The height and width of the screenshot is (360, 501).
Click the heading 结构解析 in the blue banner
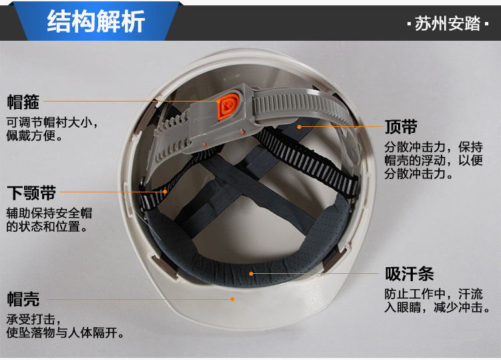[x=96, y=21]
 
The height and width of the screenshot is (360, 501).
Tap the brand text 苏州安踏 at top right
[x=448, y=23]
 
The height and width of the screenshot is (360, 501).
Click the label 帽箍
[x=23, y=102]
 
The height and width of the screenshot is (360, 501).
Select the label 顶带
[x=401, y=127]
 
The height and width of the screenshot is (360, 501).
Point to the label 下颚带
[x=31, y=192]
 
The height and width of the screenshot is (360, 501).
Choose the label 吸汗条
[x=409, y=274]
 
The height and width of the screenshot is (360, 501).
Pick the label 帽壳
[x=23, y=299]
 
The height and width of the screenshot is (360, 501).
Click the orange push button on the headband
[x=228, y=106]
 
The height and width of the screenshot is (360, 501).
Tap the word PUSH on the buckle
[x=201, y=119]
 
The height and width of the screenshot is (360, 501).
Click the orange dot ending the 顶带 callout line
[x=299, y=127]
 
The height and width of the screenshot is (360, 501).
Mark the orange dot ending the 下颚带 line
[x=165, y=192]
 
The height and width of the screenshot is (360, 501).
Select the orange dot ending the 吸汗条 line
[x=251, y=274]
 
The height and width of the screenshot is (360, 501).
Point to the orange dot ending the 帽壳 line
[x=232, y=299]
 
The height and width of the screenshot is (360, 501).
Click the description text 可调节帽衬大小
[x=49, y=122]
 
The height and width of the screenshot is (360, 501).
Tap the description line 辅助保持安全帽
[x=49, y=213]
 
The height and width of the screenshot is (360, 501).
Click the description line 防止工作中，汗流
[x=434, y=294]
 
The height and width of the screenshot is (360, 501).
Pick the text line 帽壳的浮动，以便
[x=434, y=160]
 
